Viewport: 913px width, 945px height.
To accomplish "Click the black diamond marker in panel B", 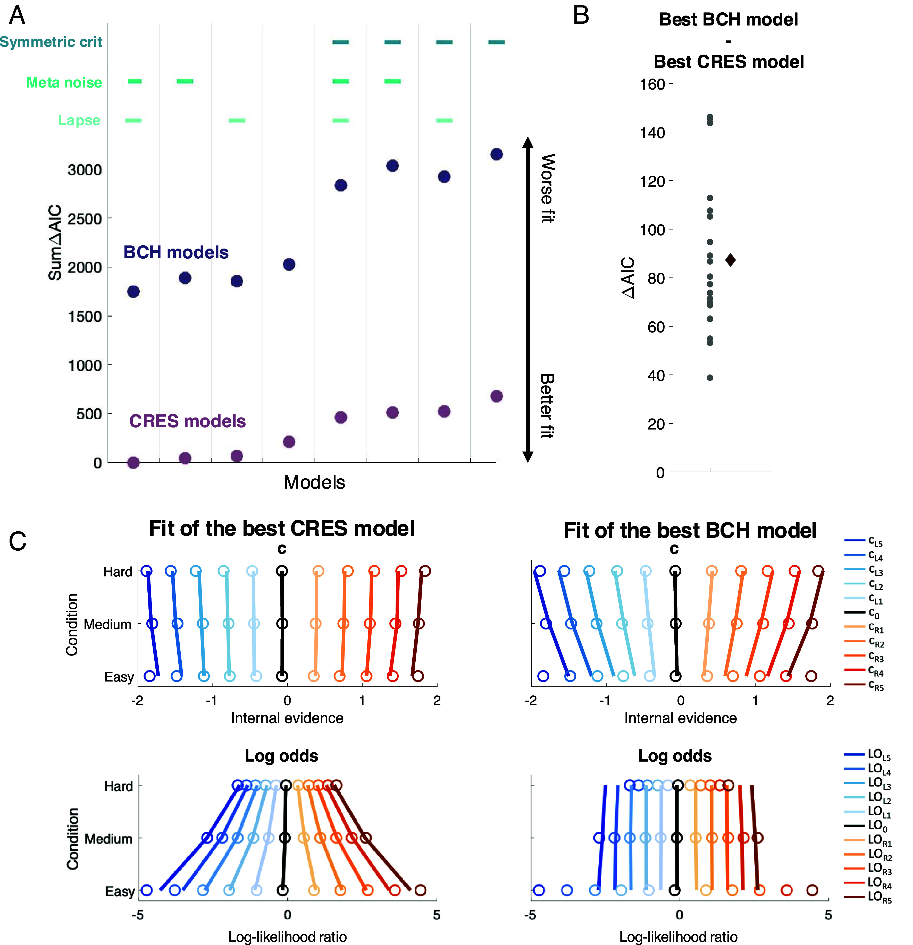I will point(730,260).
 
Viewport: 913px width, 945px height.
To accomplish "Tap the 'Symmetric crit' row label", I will point(51,42).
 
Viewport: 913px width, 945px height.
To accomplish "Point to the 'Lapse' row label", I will point(79,120).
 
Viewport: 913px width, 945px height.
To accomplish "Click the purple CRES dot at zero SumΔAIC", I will point(133,462).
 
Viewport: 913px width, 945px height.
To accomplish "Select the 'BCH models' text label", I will point(176,252).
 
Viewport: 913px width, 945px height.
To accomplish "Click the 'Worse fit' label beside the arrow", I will point(547,188).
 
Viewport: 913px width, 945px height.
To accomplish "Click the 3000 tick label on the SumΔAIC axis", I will point(85,170).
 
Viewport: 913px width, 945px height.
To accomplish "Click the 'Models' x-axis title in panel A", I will point(314,482).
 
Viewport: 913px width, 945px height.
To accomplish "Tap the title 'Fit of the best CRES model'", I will point(282,529).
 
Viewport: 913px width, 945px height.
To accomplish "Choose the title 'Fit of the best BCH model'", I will point(690,530).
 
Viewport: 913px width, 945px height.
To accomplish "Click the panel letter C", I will point(18,541).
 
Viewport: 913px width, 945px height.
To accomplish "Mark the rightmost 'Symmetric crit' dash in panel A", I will point(496,42).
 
